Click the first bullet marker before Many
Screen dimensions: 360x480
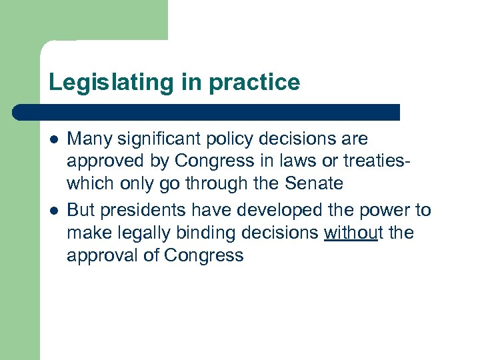tap(53, 139)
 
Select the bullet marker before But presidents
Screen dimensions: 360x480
tap(53, 211)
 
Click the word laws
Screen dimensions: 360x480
tap(312, 162)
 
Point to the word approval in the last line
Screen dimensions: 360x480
tap(98, 256)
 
